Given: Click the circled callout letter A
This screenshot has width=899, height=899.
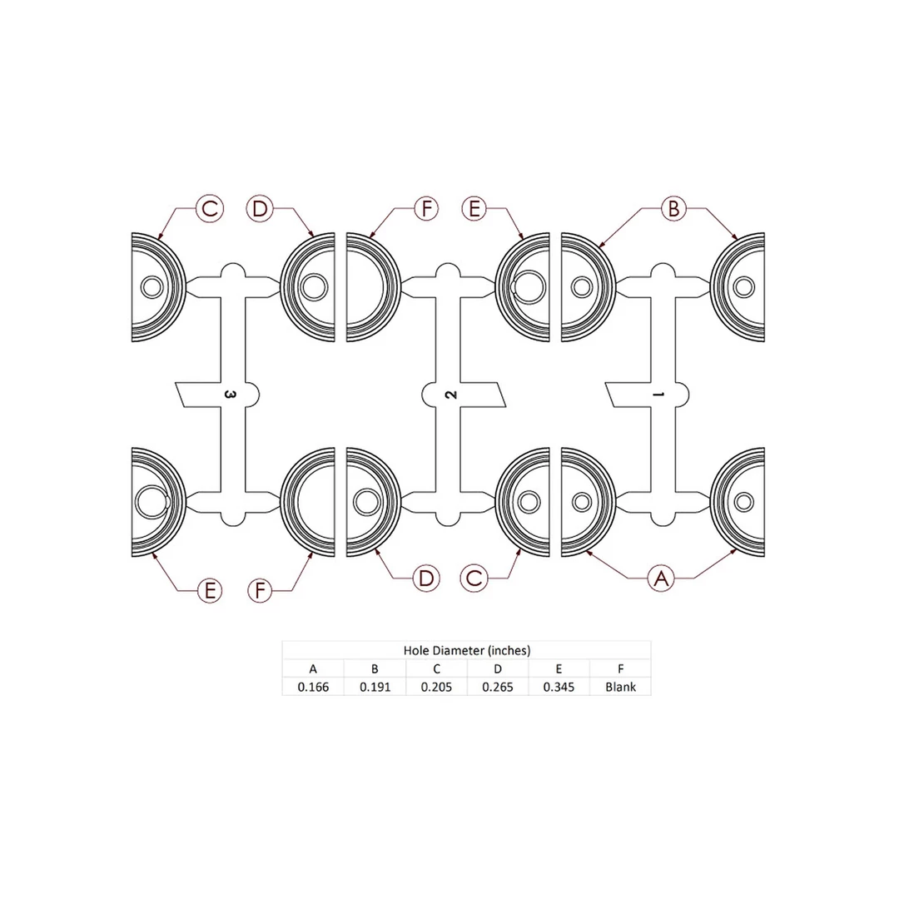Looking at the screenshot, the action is [661, 578].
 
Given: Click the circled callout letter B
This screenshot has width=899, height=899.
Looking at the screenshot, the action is [673, 208].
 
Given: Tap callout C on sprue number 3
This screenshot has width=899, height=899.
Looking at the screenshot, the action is [209, 208].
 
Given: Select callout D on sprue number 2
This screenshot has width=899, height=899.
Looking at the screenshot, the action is [426, 578].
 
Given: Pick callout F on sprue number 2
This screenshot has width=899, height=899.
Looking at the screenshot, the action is [426, 208].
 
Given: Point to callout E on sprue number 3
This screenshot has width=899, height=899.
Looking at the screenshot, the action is [210, 590].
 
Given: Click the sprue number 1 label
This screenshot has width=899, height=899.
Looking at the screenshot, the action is [658, 395].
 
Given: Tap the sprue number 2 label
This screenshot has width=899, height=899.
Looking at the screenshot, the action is [451, 395].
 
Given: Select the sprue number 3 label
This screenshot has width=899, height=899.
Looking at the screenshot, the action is [230, 395].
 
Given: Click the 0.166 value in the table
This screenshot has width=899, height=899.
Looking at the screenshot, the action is [313, 687].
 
